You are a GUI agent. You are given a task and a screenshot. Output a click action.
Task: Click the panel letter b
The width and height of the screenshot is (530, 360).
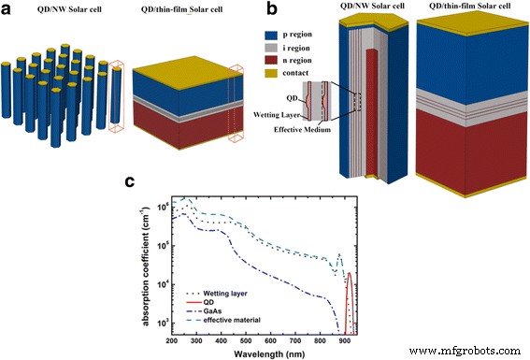click(x=272, y=9)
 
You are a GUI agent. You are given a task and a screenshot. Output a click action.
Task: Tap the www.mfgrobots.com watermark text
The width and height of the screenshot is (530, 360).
click(x=465, y=352)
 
